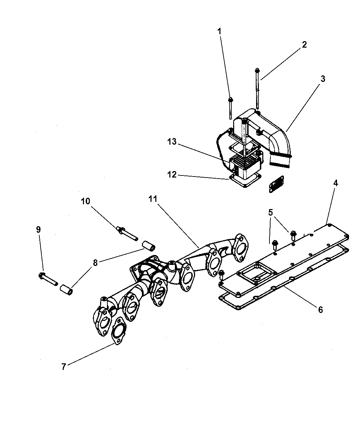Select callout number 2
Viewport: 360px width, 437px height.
pos(304,45)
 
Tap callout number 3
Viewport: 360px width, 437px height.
pos(323,79)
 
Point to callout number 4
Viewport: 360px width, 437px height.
pos(335,183)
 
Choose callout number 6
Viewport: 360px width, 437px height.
pos(320,309)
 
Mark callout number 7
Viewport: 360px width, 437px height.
pos(63,367)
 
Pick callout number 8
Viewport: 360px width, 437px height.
pos(95,263)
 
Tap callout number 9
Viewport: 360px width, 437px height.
pos(38,229)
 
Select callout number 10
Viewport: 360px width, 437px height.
pos(85,201)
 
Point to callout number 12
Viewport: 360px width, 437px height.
pos(172,174)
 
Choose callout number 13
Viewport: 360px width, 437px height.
pos(172,142)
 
